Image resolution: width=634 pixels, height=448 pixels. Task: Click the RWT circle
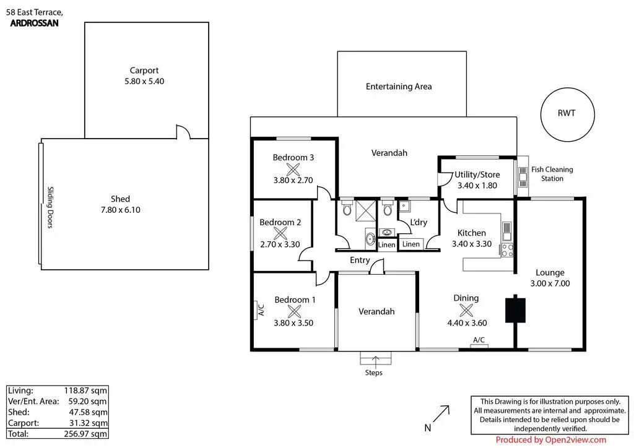[567, 113]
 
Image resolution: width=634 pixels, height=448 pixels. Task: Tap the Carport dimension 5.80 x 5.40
[144, 81]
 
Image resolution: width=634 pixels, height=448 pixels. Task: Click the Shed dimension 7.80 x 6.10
[120, 210]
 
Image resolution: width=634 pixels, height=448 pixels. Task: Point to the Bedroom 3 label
[293, 158]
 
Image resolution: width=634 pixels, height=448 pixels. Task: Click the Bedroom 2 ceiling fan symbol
[280, 233]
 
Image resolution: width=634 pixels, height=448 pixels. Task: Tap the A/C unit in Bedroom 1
[260, 309]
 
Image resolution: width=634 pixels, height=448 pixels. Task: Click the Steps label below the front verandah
[373, 373]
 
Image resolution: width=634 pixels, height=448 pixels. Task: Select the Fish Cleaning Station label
[552, 174]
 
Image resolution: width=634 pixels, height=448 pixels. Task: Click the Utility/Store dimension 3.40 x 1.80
[477, 185]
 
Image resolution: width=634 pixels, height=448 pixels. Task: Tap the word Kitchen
[471, 233]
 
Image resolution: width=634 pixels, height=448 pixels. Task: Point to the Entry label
[360, 261]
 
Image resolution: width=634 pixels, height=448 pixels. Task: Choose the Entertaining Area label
[399, 87]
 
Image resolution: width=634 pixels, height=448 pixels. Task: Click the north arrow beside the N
[441, 413]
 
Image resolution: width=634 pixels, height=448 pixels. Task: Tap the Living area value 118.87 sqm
[86, 390]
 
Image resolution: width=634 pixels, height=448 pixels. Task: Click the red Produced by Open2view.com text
[551, 440]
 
